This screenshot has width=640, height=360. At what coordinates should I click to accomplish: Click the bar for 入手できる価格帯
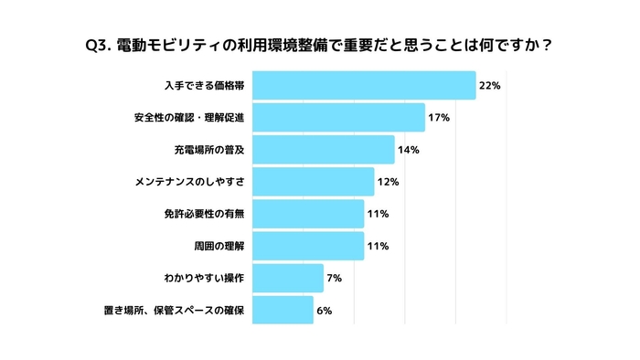364,85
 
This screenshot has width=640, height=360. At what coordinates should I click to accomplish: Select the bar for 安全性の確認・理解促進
338,117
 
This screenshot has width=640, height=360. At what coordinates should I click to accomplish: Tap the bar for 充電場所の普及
323,150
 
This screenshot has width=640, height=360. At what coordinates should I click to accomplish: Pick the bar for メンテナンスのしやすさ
313,182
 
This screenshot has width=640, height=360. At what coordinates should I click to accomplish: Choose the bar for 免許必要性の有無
308,214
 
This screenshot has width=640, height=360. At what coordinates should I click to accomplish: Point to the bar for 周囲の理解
308,246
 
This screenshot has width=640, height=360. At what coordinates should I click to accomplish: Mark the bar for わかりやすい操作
288,278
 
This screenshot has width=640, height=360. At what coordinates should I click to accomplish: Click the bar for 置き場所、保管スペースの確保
283,311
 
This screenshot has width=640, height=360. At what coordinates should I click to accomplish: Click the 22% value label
489,86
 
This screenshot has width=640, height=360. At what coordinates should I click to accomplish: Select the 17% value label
438,118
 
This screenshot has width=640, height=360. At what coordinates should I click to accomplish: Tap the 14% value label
408,150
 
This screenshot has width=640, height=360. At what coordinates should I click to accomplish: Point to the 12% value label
388,182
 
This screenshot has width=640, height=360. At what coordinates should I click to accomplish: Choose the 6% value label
324,311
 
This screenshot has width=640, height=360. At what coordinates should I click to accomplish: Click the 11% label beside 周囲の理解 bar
377,246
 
